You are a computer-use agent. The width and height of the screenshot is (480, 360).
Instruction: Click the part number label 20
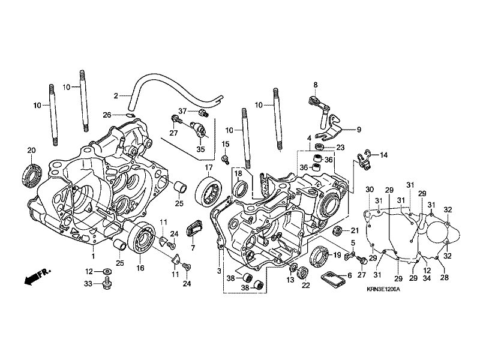click(31, 149)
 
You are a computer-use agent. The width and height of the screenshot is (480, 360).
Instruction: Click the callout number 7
click(193, 247)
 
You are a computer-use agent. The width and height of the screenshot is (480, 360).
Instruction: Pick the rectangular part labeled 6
click(334, 279)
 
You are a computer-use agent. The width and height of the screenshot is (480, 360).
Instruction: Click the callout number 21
click(354, 229)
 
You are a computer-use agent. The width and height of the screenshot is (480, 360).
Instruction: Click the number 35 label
click(200, 150)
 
